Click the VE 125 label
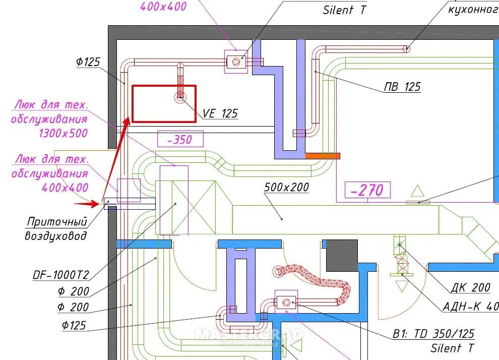(x=220, y=113)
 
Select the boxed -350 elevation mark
(x=180, y=139)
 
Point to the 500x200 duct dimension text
(x=286, y=188)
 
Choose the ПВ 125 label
(x=402, y=87)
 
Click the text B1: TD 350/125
(x=433, y=334)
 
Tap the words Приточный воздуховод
(x=56, y=228)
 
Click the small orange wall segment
(x=323, y=156)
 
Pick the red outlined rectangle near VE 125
(x=163, y=104)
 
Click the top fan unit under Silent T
(x=235, y=62)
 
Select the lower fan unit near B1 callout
(x=286, y=303)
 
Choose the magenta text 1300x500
(x=63, y=134)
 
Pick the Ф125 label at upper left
(x=88, y=62)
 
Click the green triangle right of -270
(x=417, y=191)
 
